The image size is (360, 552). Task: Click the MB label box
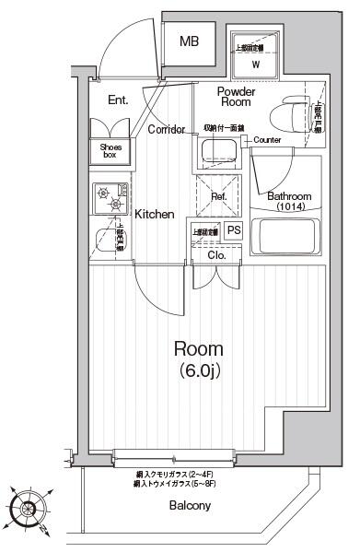[x=190, y=41]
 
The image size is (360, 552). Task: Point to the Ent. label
[x=118, y=100]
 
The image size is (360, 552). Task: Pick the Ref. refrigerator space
[x=219, y=195]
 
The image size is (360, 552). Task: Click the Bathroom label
[x=289, y=196]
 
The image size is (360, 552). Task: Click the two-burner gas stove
[x=108, y=196]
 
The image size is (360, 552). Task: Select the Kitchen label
[x=155, y=214]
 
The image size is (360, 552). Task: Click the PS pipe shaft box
[x=234, y=230]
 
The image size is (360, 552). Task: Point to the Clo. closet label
[x=217, y=255]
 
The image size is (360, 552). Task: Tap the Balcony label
[x=190, y=506]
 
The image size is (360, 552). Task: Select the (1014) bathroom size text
[x=289, y=207]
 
